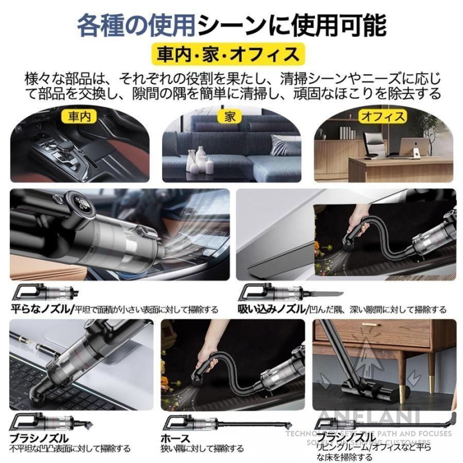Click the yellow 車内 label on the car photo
pos(79,116)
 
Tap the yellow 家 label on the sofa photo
pos(230,116)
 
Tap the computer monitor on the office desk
pos(414,147)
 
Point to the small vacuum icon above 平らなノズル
pos(46,293)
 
